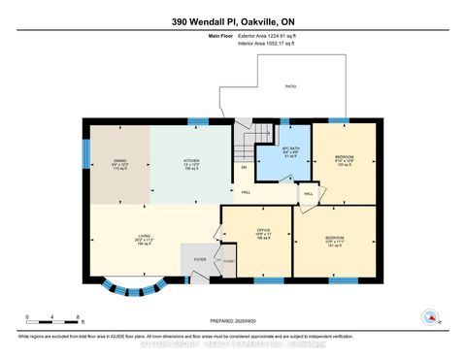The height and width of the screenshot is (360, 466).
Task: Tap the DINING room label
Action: coord(119,161)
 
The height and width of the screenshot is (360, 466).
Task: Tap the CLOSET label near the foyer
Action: coord(228,261)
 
